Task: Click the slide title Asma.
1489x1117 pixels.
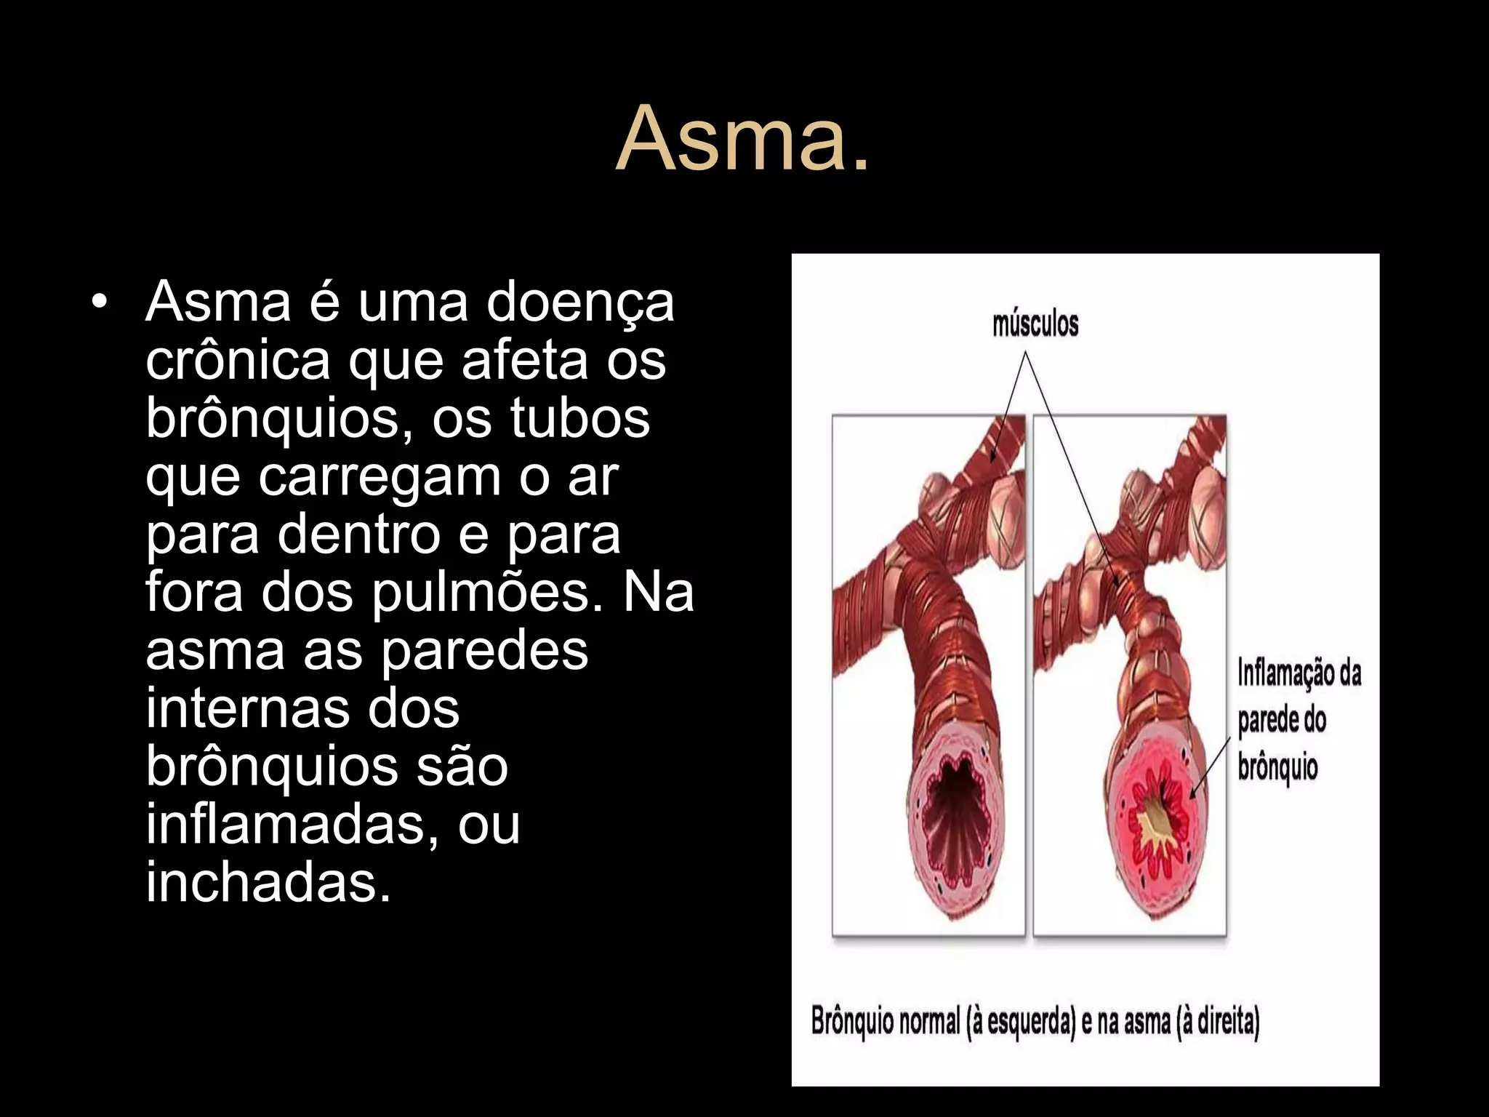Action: pos(742,138)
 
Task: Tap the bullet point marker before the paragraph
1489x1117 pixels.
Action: pos(100,301)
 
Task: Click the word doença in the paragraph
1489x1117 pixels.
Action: pos(580,303)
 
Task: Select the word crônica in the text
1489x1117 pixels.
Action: pos(238,360)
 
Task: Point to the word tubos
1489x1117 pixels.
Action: pos(579,418)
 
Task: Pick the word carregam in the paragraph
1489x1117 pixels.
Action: pos(380,478)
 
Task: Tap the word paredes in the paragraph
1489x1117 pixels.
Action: pos(484,650)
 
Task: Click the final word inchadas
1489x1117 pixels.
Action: pos(268,882)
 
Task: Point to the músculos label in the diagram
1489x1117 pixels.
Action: pos(1035,324)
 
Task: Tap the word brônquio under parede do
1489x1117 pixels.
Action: pos(1277,768)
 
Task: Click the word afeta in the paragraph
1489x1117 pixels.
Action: pos(525,360)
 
